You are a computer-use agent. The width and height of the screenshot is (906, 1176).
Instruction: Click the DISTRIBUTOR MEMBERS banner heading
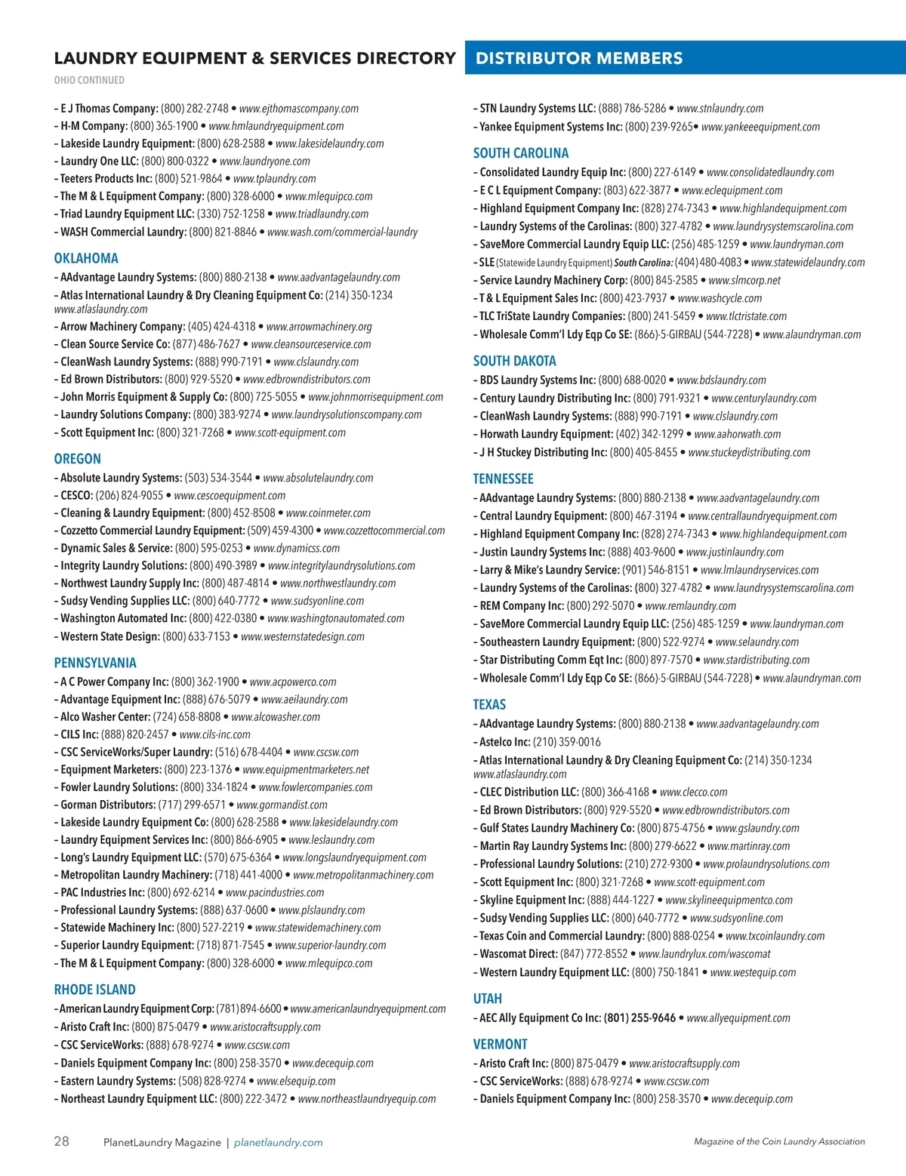579,58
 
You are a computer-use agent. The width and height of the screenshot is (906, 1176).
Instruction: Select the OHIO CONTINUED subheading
89,80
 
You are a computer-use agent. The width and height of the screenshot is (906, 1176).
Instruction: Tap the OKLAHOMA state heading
86,258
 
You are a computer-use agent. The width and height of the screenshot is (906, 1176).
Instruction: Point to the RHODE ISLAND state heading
94,990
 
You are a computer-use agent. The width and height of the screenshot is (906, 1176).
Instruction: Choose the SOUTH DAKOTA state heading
514,361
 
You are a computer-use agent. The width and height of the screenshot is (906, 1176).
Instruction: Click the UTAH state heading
487,999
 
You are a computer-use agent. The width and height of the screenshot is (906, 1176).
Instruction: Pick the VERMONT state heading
500,1044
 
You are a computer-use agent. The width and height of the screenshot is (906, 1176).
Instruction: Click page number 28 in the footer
61,1141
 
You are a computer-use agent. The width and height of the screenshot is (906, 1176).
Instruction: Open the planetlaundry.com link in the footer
278,1143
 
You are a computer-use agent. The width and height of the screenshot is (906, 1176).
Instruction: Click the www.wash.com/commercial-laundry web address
342,232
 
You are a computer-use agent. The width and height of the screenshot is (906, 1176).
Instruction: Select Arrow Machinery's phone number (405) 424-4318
222,327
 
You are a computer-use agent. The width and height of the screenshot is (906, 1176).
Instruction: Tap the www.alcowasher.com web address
276,717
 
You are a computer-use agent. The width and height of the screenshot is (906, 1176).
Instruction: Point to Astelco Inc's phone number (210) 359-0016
566,742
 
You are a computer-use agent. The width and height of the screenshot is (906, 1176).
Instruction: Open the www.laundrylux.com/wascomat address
704,954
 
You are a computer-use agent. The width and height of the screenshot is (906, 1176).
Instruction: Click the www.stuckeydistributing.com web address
749,452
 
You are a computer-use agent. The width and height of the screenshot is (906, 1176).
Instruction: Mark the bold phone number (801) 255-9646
639,1018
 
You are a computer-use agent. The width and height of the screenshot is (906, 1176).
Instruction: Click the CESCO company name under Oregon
77,496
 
